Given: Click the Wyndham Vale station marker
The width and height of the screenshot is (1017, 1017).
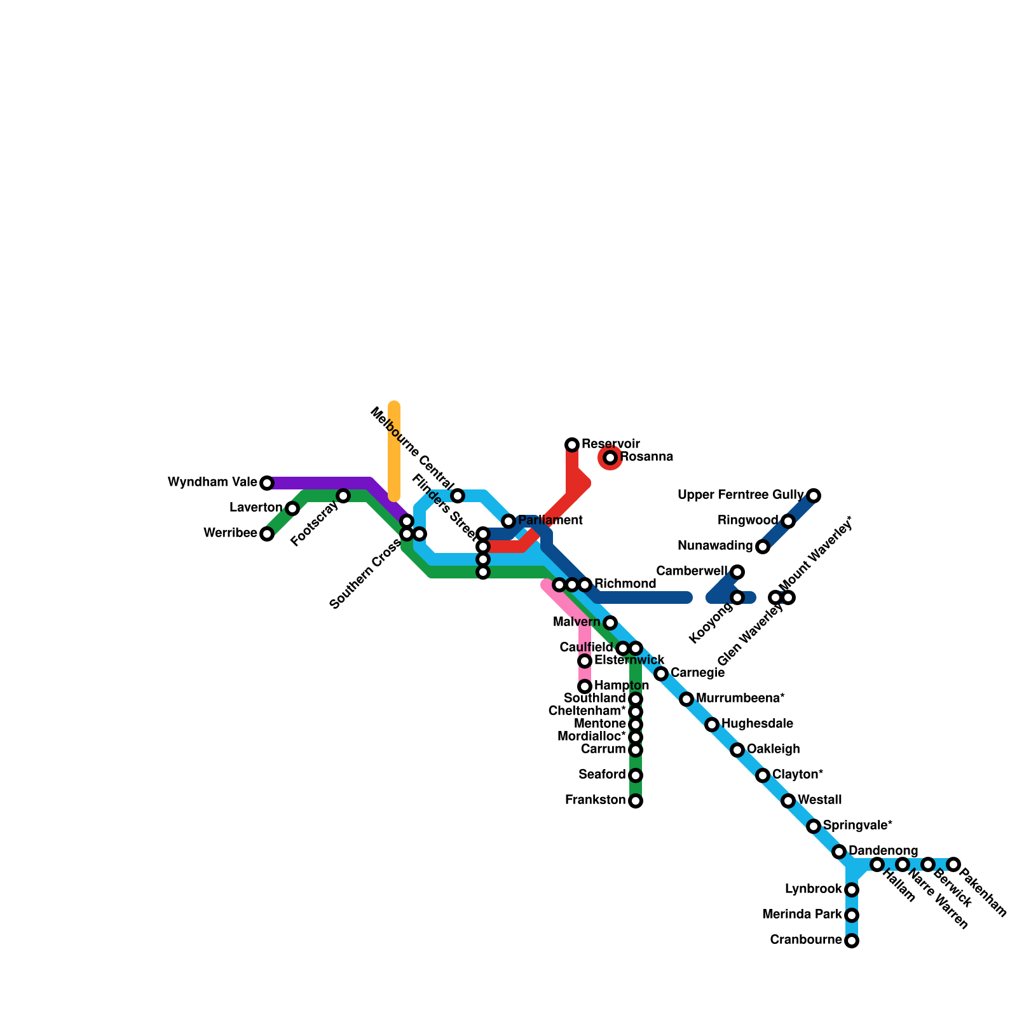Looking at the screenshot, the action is pos(267,483).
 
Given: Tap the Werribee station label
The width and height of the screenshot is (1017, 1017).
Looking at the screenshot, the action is pos(230,533).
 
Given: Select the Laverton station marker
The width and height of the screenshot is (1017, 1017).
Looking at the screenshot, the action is pos(292,508).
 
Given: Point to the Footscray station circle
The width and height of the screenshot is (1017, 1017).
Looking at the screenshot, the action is pos(343,496).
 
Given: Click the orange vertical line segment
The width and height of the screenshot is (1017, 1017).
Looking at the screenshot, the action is pos(394,451).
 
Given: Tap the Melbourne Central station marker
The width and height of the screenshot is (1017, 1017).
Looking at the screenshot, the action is pos(458,496).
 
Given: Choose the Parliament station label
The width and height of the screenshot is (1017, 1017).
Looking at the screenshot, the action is pos(550,521).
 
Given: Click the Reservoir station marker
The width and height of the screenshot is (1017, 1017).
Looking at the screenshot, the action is pos(572,444).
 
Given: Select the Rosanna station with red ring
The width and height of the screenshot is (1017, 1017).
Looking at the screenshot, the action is pos(610,458).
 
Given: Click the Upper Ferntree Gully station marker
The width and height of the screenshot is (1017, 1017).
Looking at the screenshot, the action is pos(814,496).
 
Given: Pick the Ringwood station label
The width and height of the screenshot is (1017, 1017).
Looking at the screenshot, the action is pos(747,521).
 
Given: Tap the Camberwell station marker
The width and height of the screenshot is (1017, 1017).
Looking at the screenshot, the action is pos(737,572).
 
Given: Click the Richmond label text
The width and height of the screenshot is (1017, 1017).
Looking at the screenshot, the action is pos(625,584).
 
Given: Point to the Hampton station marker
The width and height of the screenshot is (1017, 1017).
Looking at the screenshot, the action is pos(585,686).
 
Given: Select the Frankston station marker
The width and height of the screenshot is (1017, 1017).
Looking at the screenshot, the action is pos(636,801).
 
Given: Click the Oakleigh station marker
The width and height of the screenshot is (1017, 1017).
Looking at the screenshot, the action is pos(737,750).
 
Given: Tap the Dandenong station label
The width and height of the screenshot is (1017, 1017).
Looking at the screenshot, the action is pos(883,850).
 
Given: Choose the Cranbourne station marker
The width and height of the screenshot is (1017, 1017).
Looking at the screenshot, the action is pos(852,941).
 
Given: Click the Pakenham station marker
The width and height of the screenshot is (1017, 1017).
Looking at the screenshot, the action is pos(953,864).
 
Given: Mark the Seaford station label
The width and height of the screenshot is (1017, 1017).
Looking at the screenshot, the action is pos(602,775).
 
